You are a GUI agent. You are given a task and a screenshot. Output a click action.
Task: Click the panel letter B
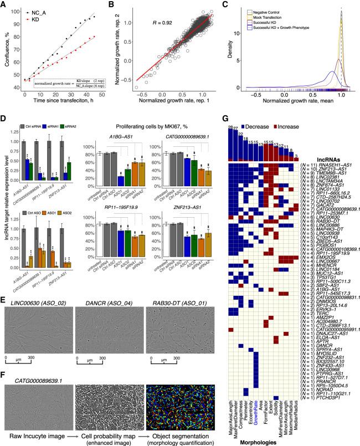124,5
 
